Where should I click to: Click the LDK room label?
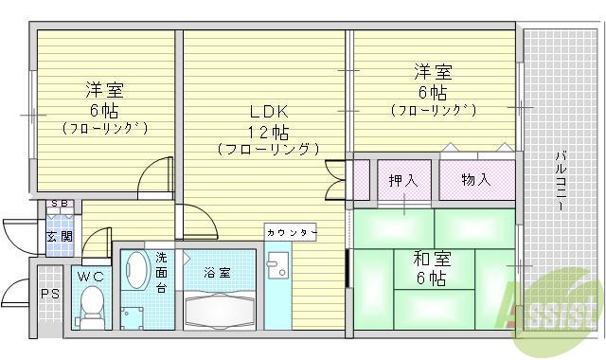click(267, 110)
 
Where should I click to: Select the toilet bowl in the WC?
click(93, 305)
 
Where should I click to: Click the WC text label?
click(92, 277)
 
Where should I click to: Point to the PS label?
click(48, 294)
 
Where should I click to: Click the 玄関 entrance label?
click(59, 236)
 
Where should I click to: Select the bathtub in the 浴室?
click(221, 309)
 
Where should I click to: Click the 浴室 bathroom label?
click(217, 273)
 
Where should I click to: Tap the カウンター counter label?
click(290, 232)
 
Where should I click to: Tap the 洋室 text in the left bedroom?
click(104, 91)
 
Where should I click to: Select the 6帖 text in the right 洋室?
click(431, 93)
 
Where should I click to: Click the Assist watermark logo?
click(553, 305)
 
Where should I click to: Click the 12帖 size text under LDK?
click(268, 132)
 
